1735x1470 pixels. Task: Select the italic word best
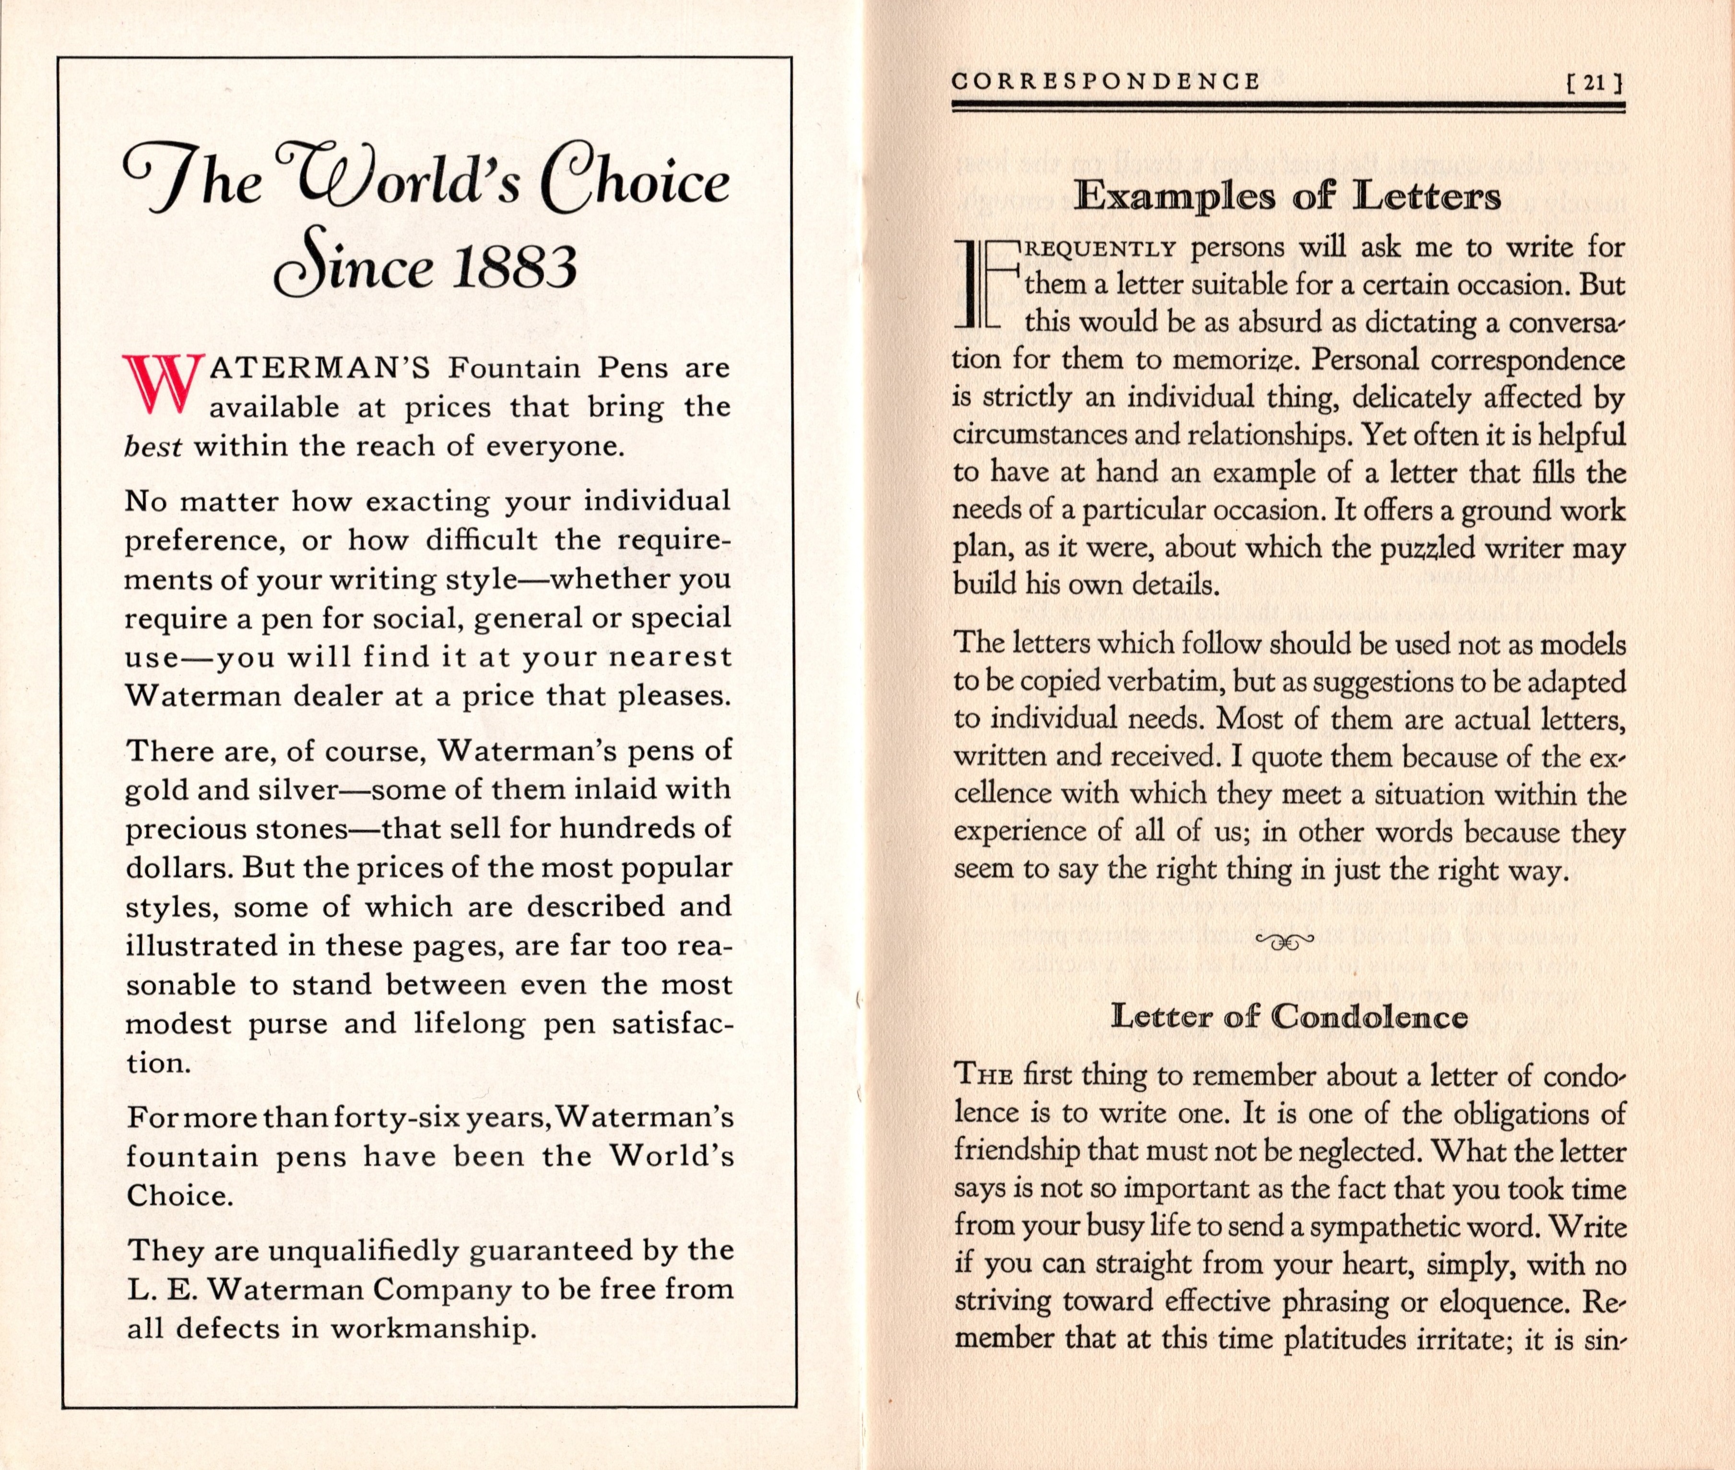tap(153, 447)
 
